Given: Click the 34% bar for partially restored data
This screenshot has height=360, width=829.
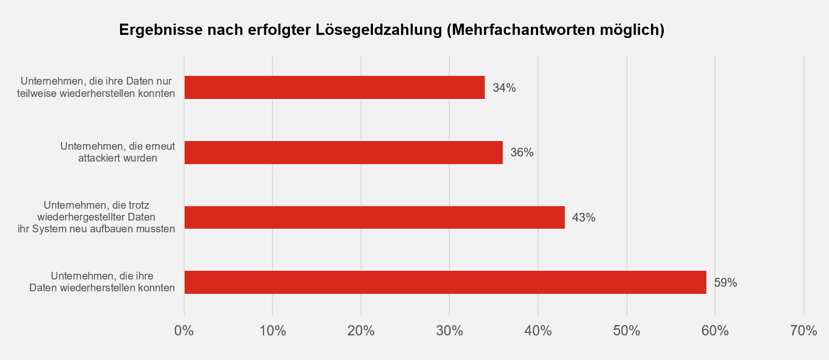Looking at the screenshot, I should click(x=334, y=88).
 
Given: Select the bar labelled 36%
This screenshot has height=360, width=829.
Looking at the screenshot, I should click(x=343, y=152).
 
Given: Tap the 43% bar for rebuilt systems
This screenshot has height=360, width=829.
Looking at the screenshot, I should click(x=374, y=217).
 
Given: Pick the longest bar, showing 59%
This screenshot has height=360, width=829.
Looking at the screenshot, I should click(x=445, y=283).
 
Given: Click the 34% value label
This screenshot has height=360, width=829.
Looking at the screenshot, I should click(x=504, y=88).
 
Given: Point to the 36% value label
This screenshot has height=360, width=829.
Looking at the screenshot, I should click(x=522, y=152).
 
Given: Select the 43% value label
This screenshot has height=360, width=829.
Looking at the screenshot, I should click(x=584, y=217).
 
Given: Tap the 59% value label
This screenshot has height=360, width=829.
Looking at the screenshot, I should click(x=725, y=283).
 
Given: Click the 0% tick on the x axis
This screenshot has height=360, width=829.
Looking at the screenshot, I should click(x=184, y=331).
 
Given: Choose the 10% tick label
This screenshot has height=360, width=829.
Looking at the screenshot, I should click(x=272, y=331).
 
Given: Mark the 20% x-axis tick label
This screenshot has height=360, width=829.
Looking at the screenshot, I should click(x=361, y=331).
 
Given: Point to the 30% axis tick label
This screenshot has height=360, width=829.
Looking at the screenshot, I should click(x=449, y=331).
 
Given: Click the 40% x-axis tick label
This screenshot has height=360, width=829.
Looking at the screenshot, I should click(x=538, y=331).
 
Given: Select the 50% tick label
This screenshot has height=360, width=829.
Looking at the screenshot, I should click(x=627, y=331).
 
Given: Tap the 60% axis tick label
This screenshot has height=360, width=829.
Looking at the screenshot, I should click(x=715, y=331).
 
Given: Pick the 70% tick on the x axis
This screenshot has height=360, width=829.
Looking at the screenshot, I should click(x=804, y=331).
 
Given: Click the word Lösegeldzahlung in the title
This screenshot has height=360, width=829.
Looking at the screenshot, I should click(x=379, y=30).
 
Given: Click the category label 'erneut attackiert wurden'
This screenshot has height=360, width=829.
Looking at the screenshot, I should click(x=117, y=152).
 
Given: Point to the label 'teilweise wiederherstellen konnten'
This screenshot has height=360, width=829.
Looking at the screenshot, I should click(x=96, y=93).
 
